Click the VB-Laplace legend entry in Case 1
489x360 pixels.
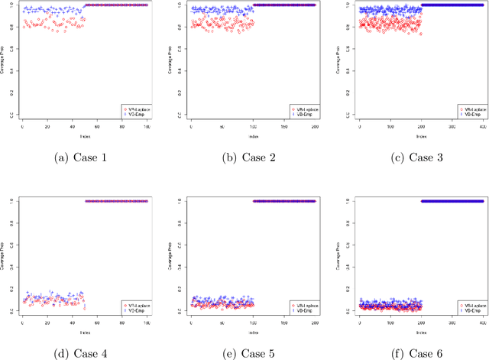click(x=135, y=109)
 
